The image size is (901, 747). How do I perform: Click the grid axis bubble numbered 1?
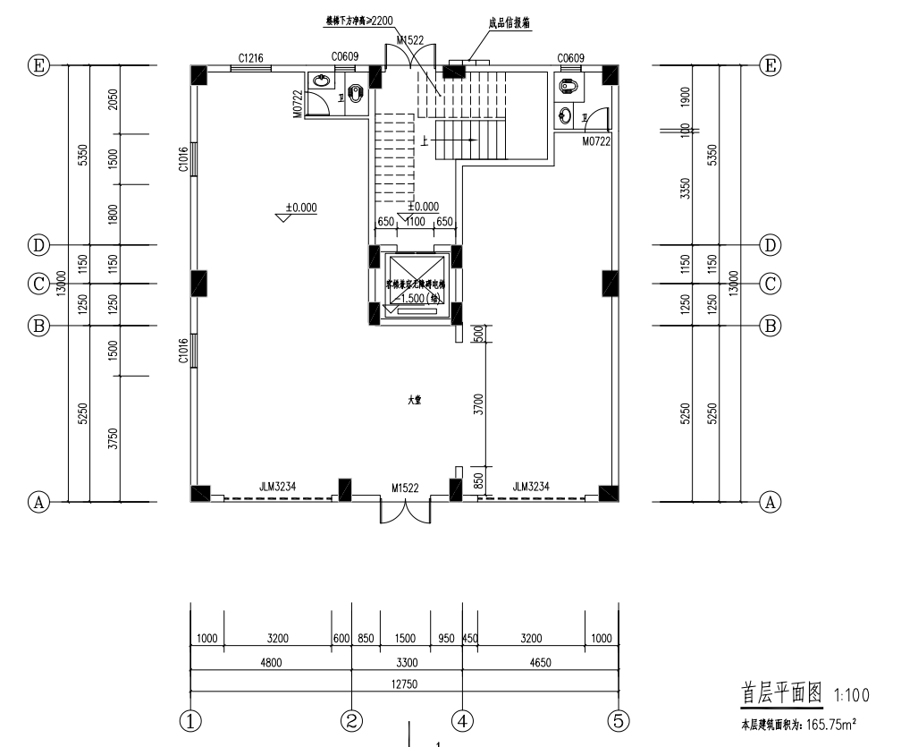pos(190,720)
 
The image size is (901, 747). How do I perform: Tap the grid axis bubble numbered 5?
pos(619,720)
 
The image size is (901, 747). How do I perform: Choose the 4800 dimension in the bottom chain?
pos(271,662)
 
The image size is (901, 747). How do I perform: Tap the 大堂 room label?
pos(414,402)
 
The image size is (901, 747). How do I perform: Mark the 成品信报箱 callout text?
pos(509,24)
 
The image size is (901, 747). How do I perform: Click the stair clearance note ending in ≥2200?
pos(358,19)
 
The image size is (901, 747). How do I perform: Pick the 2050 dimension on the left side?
pos(113,98)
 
